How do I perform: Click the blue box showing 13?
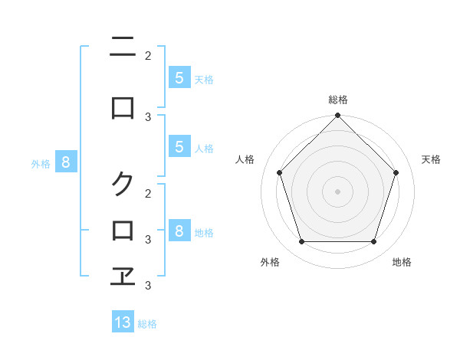(123, 322)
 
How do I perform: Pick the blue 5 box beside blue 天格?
(179, 77)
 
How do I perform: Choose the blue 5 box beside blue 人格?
(179, 147)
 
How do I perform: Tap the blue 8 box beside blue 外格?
(66, 162)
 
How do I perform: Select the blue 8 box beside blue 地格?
(179, 231)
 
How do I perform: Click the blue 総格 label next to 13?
(147, 324)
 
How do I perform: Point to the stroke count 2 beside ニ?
(148, 55)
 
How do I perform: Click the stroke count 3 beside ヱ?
(148, 286)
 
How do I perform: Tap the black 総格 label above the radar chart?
(337, 100)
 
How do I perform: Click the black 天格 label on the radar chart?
(431, 159)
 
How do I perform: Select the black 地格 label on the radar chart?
(402, 262)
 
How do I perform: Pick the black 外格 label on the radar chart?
(270, 262)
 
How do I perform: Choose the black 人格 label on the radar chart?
(245, 159)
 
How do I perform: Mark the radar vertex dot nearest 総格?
(337, 116)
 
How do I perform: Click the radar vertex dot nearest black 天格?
(396, 172)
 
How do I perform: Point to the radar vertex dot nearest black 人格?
(279, 172)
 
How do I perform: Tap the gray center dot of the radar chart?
(337, 191)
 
